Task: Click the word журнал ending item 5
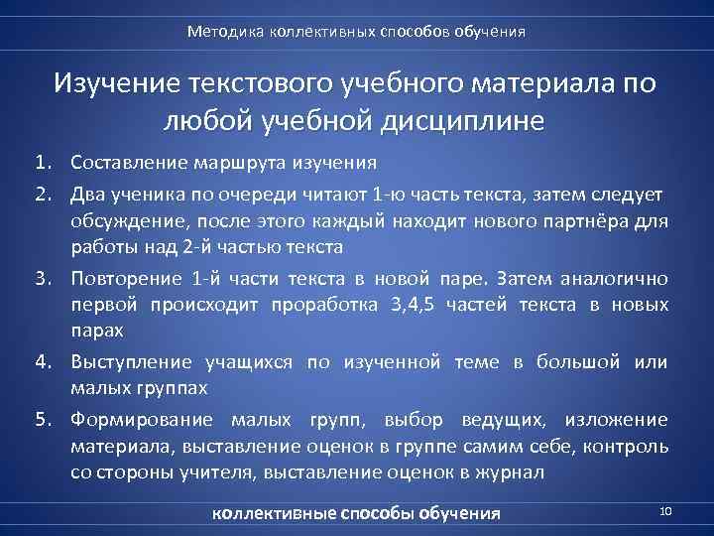click(509, 473)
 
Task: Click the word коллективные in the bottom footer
click(275, 513)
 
